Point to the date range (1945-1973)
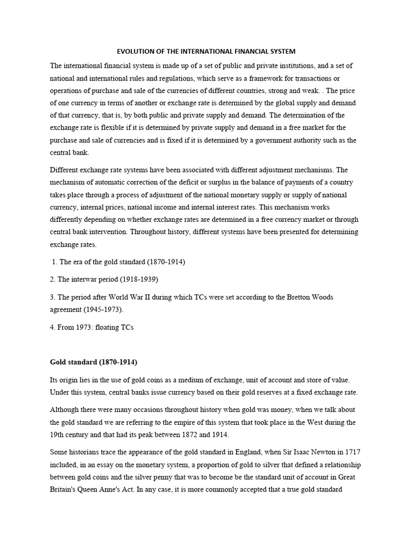101,310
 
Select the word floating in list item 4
108,327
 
